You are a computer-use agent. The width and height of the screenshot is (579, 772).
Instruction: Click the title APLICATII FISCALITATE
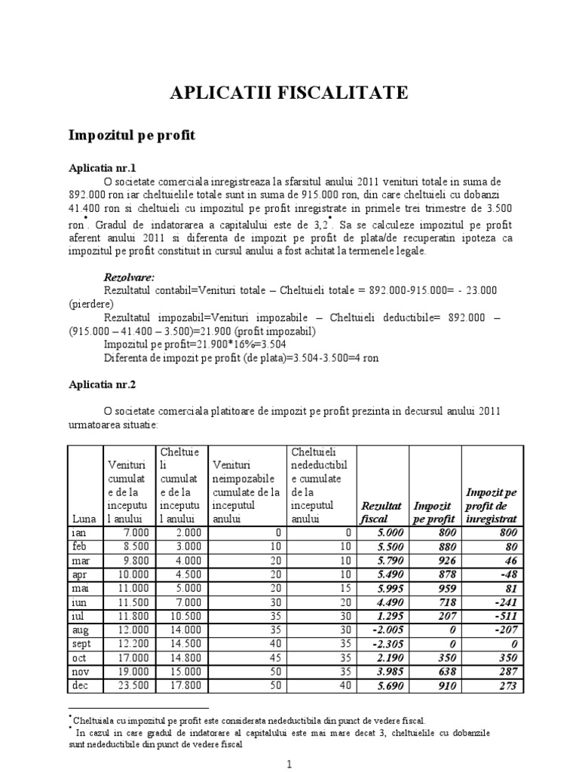[289, 93]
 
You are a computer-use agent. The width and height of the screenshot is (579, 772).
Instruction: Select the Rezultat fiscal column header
[381, 512]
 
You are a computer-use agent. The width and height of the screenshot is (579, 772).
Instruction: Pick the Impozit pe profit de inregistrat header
[491, 505]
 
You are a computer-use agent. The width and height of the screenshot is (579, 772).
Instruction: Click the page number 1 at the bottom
[289, 763]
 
